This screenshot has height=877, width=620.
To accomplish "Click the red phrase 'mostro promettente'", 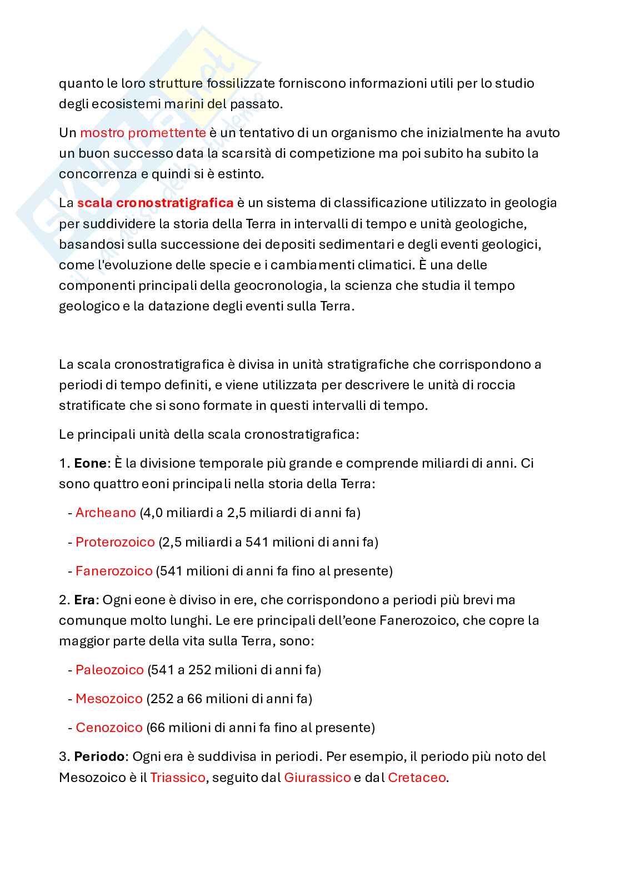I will [143, 133].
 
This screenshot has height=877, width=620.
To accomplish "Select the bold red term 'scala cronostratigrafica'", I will [155, 203].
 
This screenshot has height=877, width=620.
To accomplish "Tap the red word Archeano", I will [106, 513].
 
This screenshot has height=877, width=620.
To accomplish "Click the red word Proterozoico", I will [115, 542].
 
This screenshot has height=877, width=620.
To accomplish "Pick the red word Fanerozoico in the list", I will [114, 571].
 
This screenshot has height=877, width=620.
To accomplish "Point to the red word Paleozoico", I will [109, 670].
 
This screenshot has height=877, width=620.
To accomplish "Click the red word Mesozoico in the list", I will [109, 699].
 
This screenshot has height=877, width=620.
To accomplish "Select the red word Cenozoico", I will [109, 728].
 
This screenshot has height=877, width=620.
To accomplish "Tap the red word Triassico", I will [178, 778].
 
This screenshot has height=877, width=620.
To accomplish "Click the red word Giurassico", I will [317, 778].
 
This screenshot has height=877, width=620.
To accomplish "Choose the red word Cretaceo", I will [417, 778].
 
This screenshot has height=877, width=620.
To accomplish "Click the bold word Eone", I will [90, 463].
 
